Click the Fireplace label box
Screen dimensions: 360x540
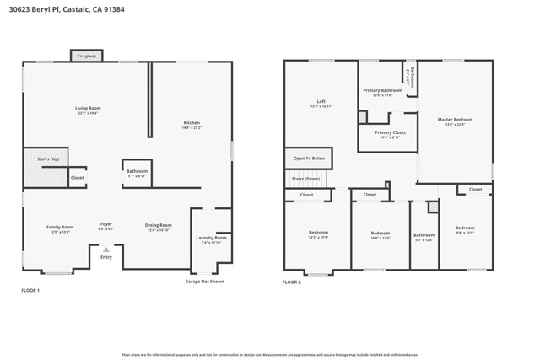[87, 56]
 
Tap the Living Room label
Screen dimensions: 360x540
[88, 108]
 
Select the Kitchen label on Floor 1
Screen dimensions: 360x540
[192, 123]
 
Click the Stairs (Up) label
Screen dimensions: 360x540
[48, 159]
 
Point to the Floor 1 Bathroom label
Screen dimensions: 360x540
[137, 171]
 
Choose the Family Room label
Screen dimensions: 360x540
[60, 227]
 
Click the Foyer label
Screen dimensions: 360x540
[106, 224]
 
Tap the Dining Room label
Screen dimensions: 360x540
[159, 225]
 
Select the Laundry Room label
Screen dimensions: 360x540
[211, 238]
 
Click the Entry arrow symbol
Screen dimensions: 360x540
[106, 249]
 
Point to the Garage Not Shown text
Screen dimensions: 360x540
[205, 282]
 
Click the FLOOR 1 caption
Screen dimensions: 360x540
[30, 290]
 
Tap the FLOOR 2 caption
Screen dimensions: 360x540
[292, 282]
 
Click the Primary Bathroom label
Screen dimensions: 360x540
[382, 90]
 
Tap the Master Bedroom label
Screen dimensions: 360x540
[455, 120]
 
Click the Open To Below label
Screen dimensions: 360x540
[309, 159]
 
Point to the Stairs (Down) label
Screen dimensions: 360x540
[305, 179]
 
